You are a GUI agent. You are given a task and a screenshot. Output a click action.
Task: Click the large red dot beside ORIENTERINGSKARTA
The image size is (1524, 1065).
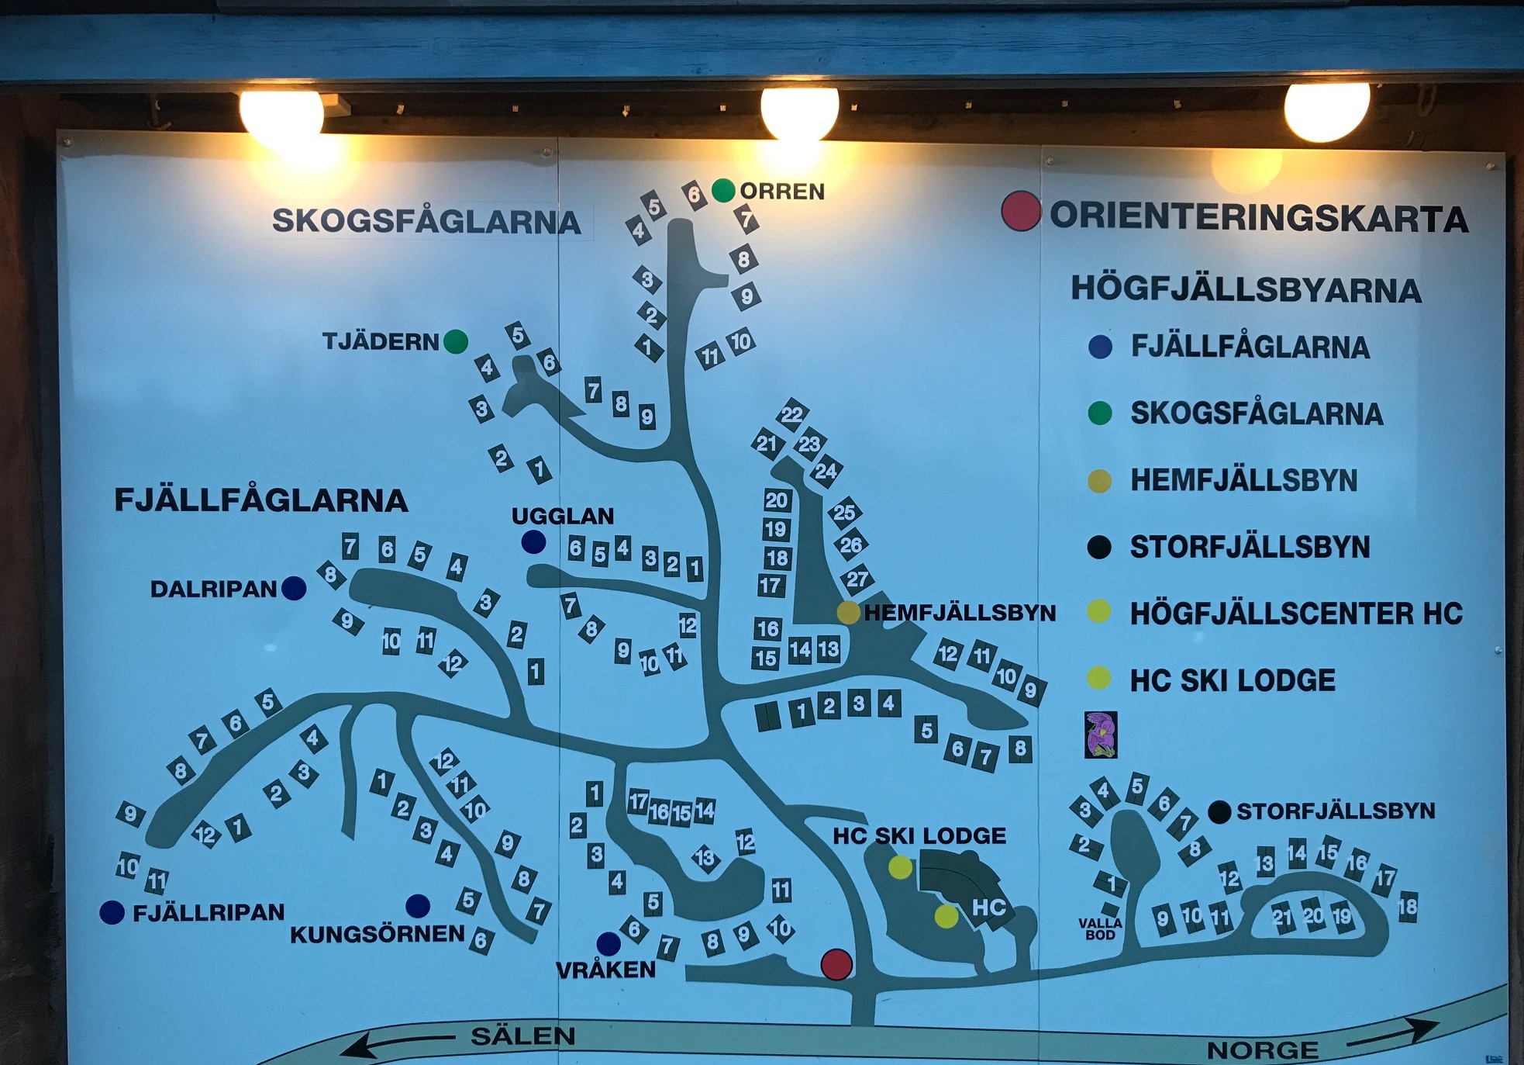pyautogui.click(x=1020, y=211)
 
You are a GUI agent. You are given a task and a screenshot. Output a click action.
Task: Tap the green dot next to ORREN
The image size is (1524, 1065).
pyautogui.click(x=723, y=190)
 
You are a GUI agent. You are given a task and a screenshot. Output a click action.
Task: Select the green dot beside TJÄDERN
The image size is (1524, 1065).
pyautogui.click(x=456, y=341)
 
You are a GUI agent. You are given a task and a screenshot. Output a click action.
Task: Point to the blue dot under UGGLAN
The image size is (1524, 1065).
pyautogui.click(x=533, y=541)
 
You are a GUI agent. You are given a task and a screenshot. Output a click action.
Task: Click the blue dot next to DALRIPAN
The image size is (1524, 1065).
pyautogui.click(x=294, y=589)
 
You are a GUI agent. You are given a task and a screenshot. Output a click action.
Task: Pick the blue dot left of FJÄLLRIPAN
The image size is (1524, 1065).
pyautogui.click(x=112, y=912)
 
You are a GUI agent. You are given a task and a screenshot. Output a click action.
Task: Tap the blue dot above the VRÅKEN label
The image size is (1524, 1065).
pyautogui.click(x=609, y=943)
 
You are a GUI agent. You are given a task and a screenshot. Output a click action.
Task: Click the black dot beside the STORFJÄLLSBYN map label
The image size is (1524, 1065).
pyautogui.click(x=1219, y=812)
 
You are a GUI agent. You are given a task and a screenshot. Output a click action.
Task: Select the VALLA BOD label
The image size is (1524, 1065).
pyautogui.click(x=1100, y=928)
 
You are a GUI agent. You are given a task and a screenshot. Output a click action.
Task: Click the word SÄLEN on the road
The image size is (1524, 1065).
pyautogui.click(x=523, y=1036)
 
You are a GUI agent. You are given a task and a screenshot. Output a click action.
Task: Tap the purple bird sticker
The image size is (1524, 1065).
pyautogui.click(x=1101, y=735)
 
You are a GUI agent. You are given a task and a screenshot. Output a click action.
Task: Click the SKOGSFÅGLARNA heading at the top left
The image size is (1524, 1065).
pyautogui.click(x=426, y=222)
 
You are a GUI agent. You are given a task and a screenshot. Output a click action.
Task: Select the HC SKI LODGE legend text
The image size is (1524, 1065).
pyautogui.click(x=1233, y=681)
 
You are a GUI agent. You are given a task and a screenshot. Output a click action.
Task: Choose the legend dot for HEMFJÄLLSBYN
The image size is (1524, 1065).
pyautogui.click(x=1099, y=481)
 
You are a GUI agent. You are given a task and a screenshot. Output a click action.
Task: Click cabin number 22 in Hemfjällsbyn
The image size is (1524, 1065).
pyautogui.click(x=791, y=415)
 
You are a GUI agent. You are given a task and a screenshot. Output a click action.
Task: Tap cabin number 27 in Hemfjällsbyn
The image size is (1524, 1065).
pyautogui.click(x=857, y=579)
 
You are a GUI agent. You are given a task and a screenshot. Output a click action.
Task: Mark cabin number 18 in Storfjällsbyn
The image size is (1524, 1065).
pyautogui.click(x=1408, y=906)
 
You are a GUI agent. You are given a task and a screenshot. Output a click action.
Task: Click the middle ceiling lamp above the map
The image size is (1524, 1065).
pyautogui.click(x=799, y=112)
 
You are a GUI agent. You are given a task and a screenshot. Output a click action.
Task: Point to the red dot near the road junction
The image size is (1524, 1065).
pyautogui.click(x=836, y=964)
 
